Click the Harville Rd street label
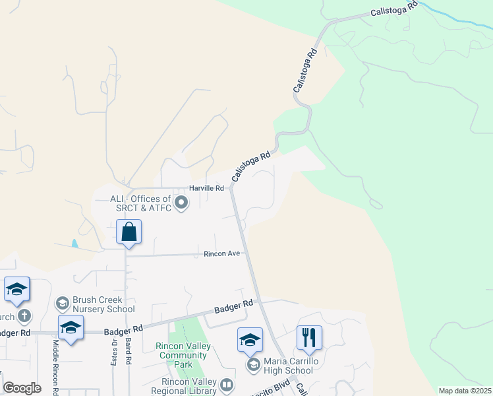tap(207, 188)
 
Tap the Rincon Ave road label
tap(222, 253)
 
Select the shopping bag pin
tap(129, 233)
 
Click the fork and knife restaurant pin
tap(309, 339)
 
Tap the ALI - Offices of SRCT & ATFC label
tap(133, 203)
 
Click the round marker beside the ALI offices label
tap(181, 203)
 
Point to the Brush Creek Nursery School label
tap(103, 304)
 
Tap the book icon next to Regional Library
tap(227, 384)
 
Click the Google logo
tap(22, 388)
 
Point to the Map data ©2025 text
tap(465, 391)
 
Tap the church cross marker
tap(24, 316)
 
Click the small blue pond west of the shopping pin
tap(74, 244)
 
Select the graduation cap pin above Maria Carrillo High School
tap(250, 341)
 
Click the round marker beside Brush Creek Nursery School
tap(63, 304)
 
